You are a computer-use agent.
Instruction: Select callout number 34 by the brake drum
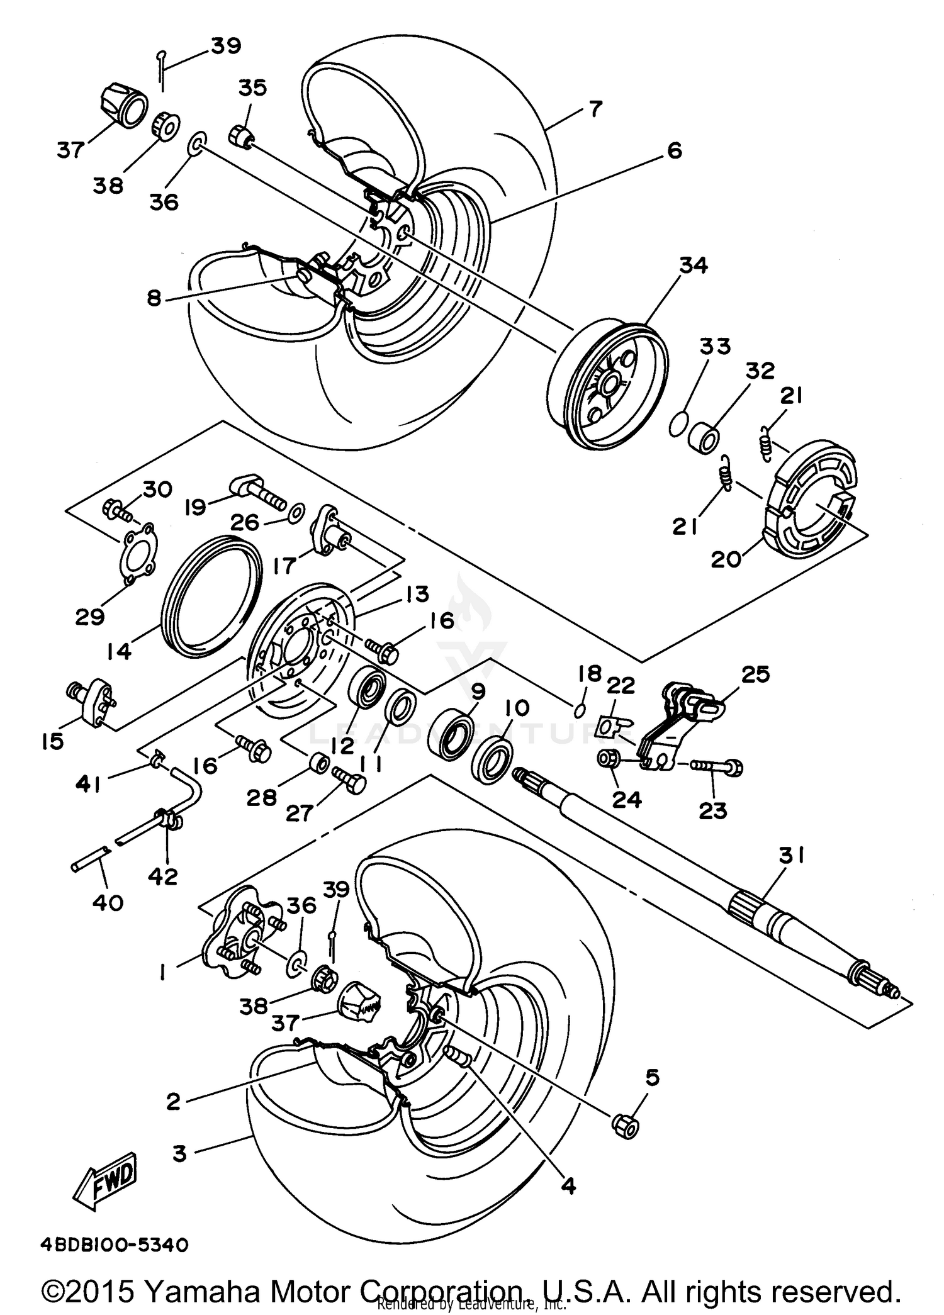point(693,265)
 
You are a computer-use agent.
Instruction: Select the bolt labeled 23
point(717,766)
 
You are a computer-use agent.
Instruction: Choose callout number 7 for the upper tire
point(595,108)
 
